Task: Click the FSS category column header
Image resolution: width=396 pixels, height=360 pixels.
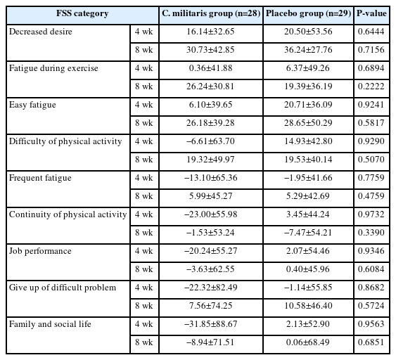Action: (x=82, y=13)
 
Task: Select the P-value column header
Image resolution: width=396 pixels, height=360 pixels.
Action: (x=371, y=13)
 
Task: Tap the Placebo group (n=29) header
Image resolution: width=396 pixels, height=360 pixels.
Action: (x=308, y=13)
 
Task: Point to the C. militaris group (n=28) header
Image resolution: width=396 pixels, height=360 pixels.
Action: (x=211, y=13)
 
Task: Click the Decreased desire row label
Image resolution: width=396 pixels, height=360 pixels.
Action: (x=41, y=32)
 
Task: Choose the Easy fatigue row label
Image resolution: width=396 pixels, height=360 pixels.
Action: (x=32, y=105)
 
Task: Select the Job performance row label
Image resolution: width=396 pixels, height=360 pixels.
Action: (x=40, y=251)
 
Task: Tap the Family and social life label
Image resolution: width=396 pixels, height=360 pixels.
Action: (x=50, y=324)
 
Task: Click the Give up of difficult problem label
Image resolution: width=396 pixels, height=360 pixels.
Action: (x=63, y=288)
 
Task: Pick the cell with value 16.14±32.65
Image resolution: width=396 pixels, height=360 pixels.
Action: (x=210, y=32)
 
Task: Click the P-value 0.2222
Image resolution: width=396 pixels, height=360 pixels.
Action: (x=371, y=86)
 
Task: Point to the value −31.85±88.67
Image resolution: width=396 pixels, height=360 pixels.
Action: (x=211, y=324)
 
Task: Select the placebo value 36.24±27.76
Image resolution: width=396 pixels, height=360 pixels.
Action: (x=308, y=50)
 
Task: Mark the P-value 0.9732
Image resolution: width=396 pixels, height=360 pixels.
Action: (x=371, y=214)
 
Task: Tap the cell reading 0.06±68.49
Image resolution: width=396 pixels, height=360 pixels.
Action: (x=308, y=342)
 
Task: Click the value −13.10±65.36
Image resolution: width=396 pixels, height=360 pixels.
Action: (x=211, y=178)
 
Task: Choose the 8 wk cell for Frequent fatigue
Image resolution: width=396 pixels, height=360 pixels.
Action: (x=144, y=196)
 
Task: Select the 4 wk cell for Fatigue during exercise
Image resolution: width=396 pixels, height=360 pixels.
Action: (x=144, y=68)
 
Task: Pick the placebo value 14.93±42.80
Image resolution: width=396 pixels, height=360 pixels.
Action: (x=308, y=141)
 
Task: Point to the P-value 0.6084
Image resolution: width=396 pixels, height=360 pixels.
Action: (x=371, y=269)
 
